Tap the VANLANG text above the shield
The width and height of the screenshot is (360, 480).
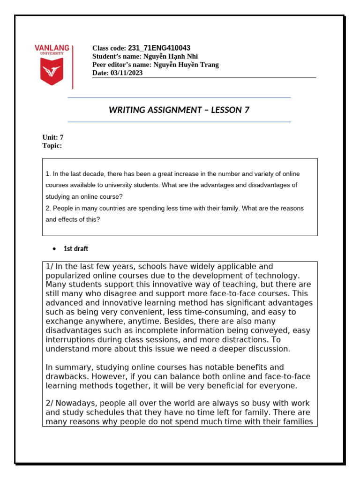(52, 48)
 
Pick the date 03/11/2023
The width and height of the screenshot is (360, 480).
(127, 73)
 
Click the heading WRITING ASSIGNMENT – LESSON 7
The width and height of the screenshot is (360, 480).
(179, 110)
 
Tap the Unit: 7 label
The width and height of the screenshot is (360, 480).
(53, 137)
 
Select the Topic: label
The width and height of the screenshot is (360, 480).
(52, 146)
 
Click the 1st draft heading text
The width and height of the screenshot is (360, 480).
(75, 248)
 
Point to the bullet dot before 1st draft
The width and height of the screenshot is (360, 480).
(54, 249)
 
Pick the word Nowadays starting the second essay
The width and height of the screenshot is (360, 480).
(75, 404)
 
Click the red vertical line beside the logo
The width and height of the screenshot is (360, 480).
(73, 67)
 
